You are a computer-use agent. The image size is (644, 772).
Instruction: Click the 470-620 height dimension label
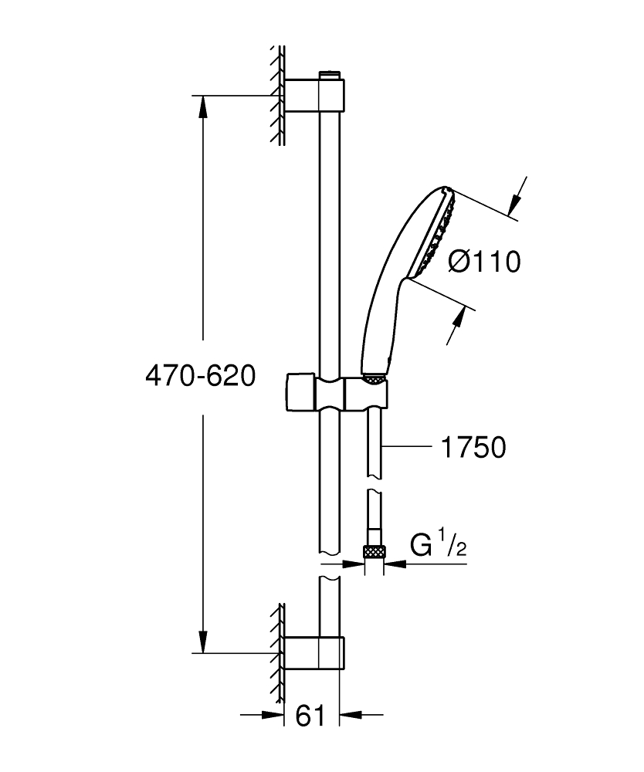click(200, 377)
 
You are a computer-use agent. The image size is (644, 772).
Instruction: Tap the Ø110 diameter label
click(485, 262)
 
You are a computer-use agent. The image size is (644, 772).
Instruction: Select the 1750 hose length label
click(473, 447)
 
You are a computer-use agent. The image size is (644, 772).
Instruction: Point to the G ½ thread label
click(437, 546)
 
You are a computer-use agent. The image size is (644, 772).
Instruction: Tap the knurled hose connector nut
click(375, 552)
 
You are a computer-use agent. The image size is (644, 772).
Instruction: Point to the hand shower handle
click(383, 324)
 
